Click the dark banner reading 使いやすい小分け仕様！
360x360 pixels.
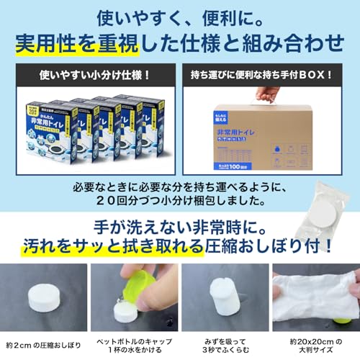tap(91, 74)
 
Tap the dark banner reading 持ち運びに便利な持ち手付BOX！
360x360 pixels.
tap(267, 74)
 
